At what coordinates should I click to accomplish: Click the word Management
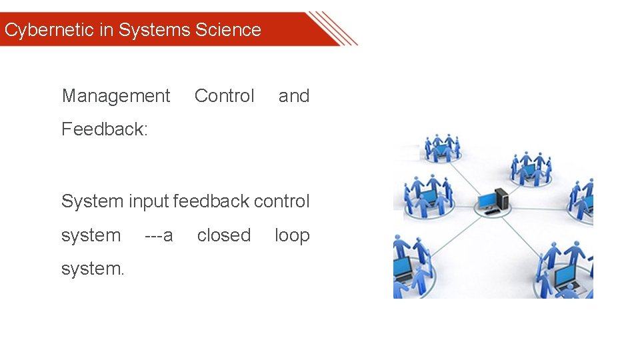(x=116, y=96)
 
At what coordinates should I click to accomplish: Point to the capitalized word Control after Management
(x=224, y=96)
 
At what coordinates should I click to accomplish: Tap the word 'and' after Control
(x=294, y=96)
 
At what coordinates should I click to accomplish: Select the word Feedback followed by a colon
(x=104, y=129)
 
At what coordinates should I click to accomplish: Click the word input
(x=148, y=201)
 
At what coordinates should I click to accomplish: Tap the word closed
(x=224, y=235)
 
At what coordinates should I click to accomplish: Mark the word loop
(x=292, y=236)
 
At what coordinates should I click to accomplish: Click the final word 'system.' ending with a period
(x=93, y=269)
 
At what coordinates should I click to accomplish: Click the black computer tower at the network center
(x=501, y=197)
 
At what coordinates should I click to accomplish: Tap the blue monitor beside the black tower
(x=487, y=200)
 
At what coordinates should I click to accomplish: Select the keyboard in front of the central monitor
(x=491, y=212)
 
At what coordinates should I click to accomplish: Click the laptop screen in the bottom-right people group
(x=565, y=274)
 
